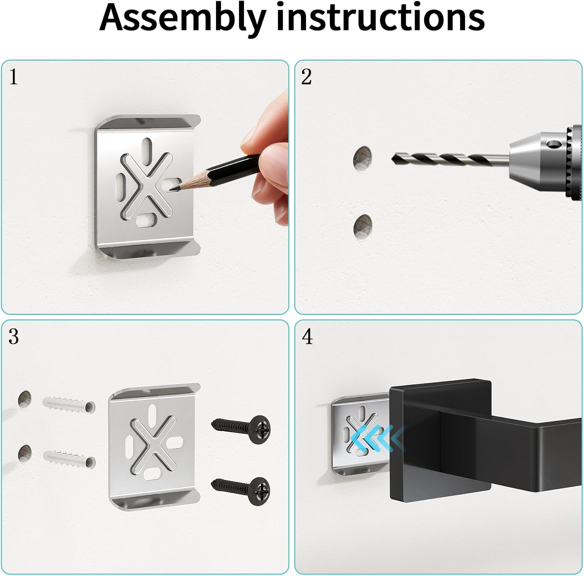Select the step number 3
14,336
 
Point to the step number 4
307,336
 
